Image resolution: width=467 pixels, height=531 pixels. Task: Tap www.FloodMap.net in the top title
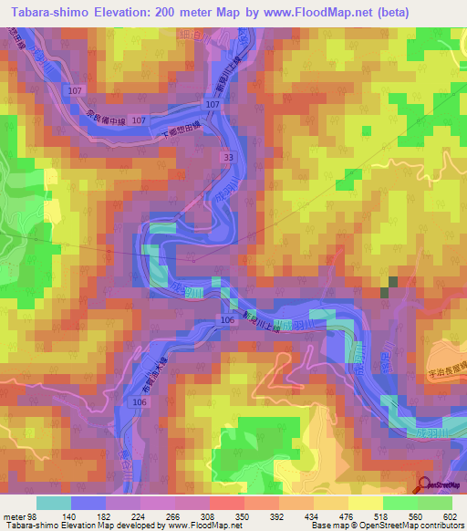[309, 12]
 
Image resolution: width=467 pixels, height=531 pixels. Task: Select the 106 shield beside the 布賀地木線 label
[140, 402]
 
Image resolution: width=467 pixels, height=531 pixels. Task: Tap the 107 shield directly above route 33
[213, 105]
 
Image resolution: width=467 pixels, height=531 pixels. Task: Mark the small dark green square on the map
[389, 286]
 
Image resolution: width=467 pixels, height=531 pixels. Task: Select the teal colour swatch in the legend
[53, 502]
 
